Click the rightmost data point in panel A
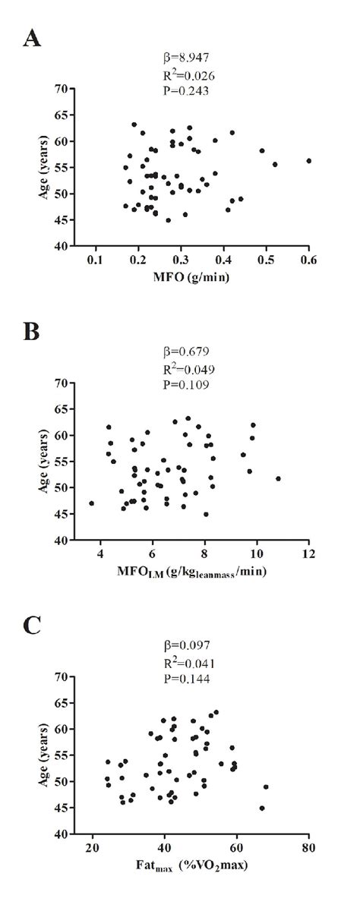point(308,161)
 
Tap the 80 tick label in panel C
point(308,847)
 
